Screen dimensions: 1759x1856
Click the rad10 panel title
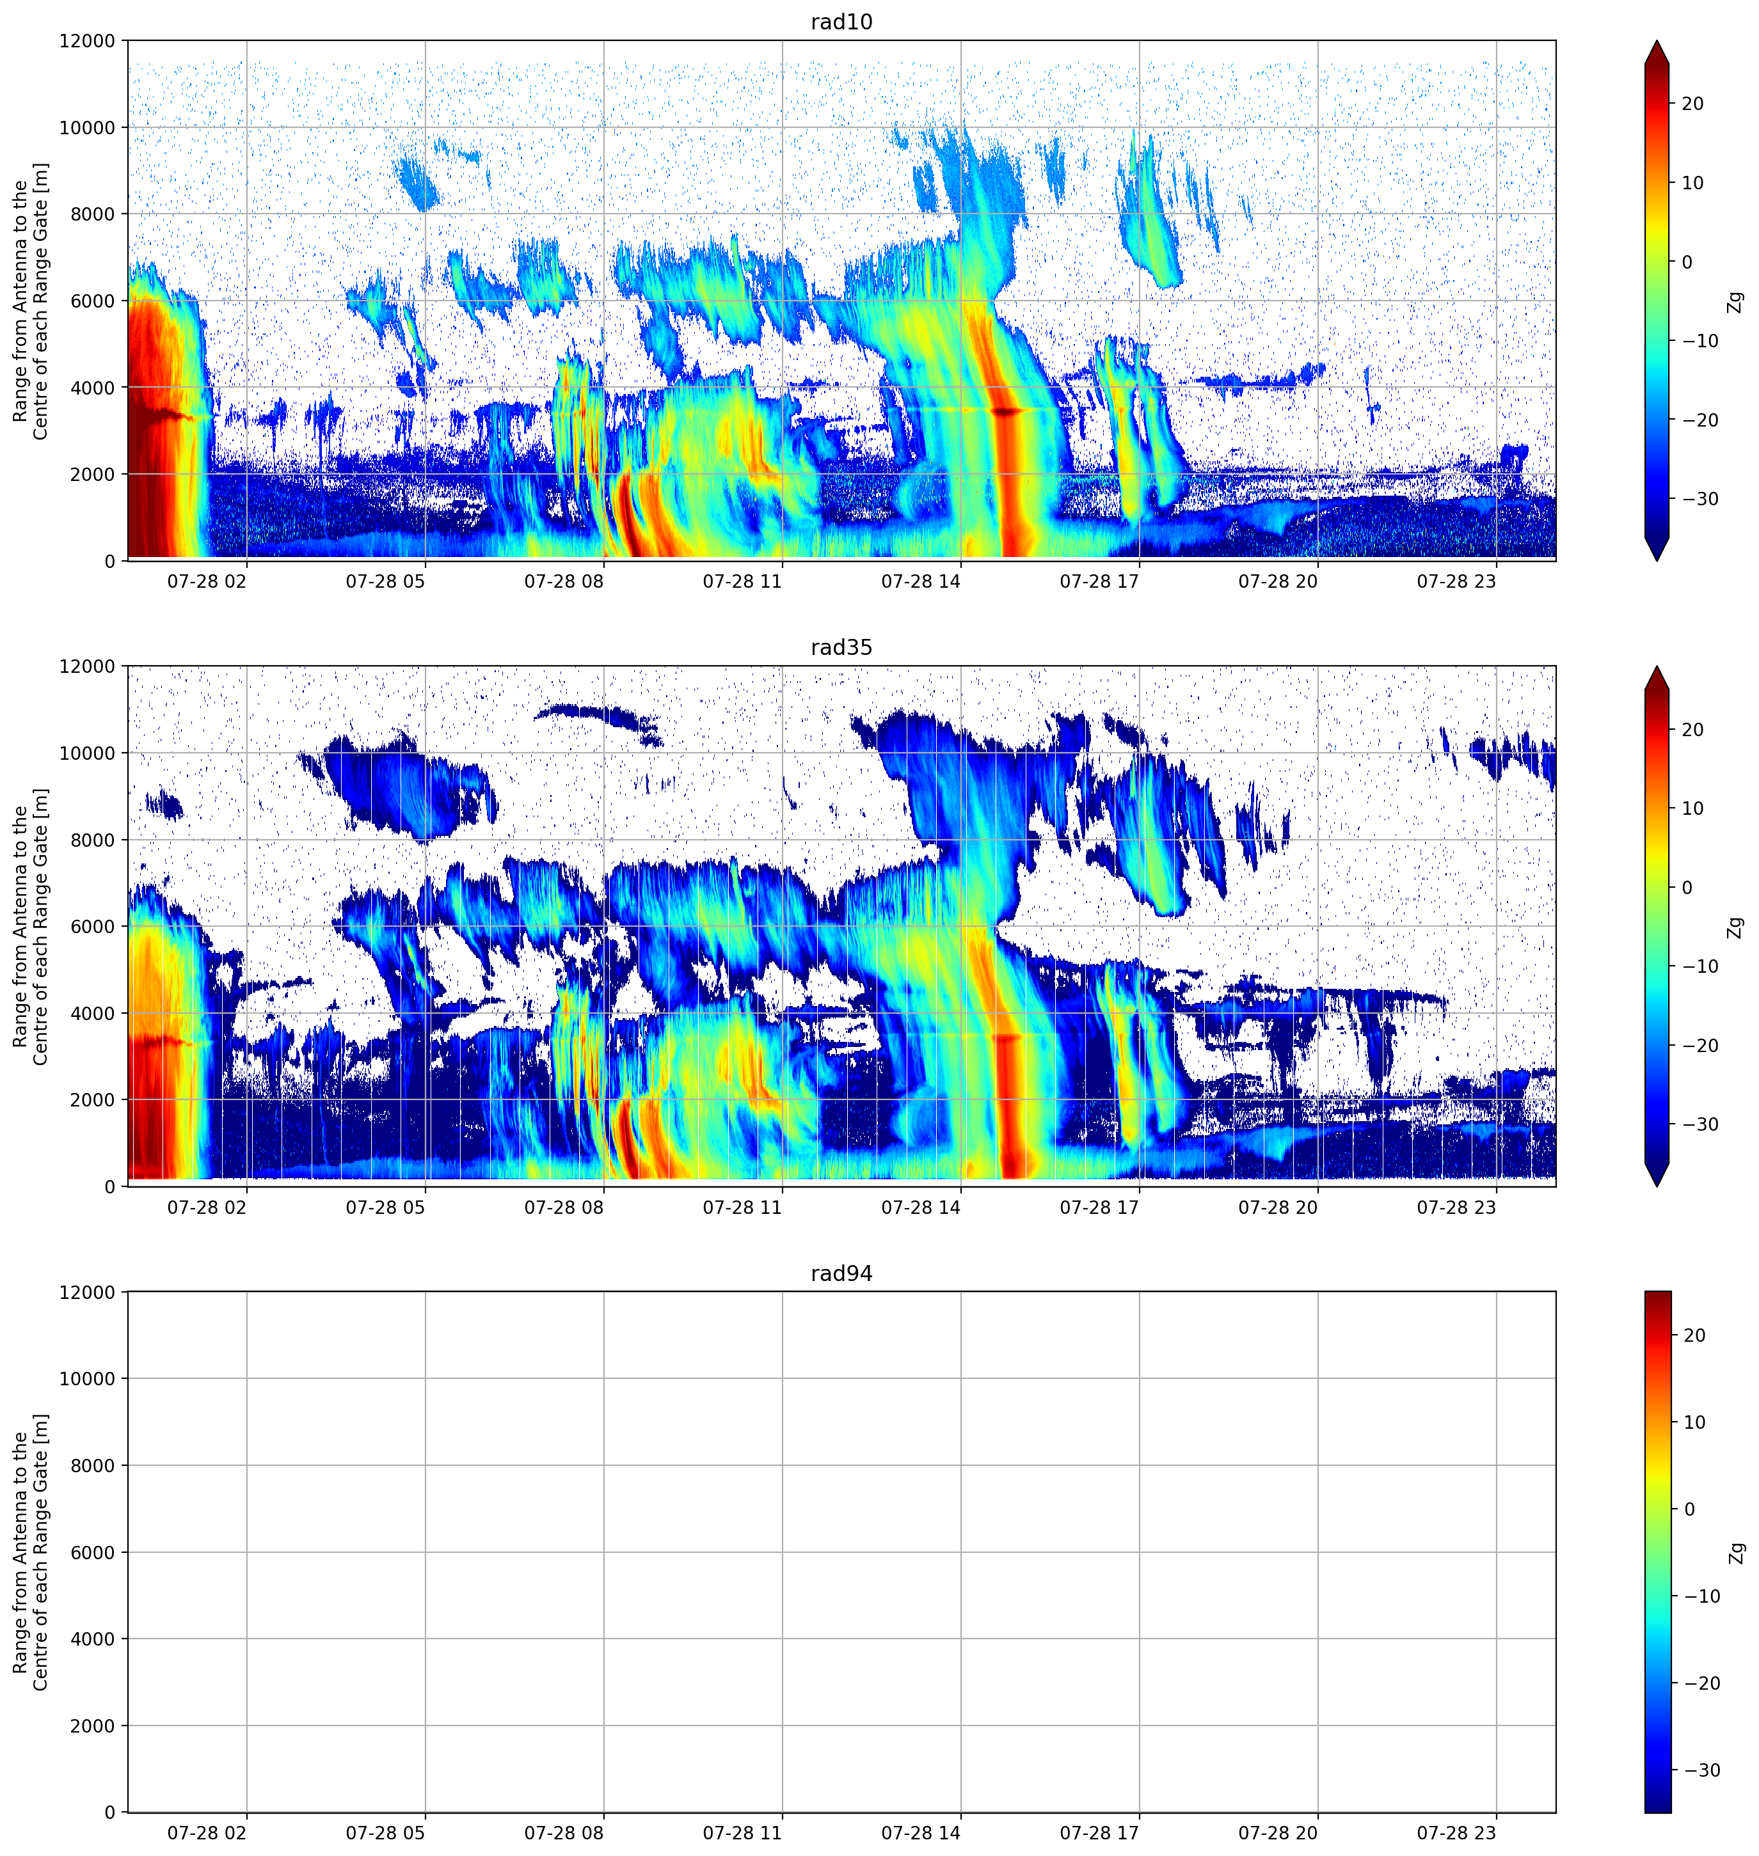pos(841,22)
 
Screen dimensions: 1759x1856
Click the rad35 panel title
pos(841,648)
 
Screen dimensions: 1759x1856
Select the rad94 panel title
pos(841,1274)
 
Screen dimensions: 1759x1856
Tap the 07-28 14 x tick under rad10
pos(921,581)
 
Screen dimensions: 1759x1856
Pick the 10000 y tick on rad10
pos(87,127)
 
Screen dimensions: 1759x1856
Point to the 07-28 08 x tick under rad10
pos(564,581)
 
